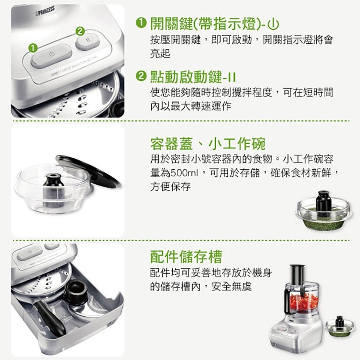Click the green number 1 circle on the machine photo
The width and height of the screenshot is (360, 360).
pyautogui.click(x=33, y=47)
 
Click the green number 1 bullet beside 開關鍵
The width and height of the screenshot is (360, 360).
pyautogui.click(x=141, y=24)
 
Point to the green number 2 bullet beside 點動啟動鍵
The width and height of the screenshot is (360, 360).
pyautogui.click(x=141, y=76)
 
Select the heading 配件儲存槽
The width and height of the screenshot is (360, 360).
pyautogui.click(x=186, y=256)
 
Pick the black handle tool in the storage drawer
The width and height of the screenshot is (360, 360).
pyautogui.click(x=50, y=317)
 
